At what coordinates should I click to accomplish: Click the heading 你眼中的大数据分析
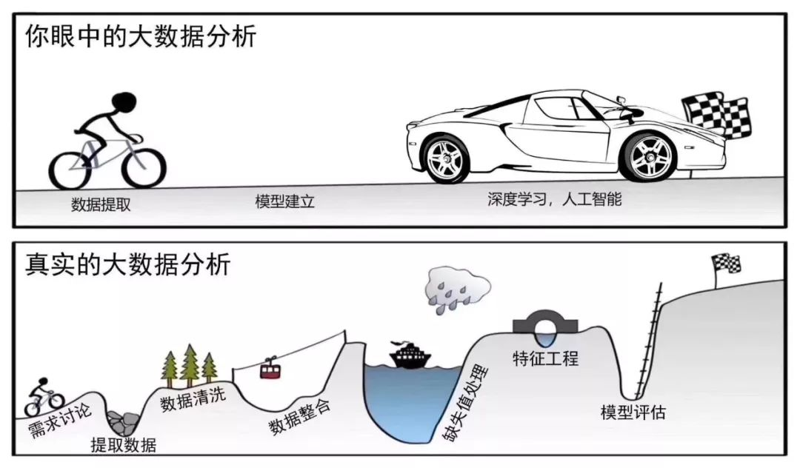pyautogui.click(x=141, y=37)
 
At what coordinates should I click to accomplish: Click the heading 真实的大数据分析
pyautogui.click(x=128, y=264)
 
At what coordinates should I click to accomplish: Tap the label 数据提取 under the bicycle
pyautogui.click(x=101, y=205)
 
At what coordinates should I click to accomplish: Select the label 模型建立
pyautogui.click(x=284, y=201)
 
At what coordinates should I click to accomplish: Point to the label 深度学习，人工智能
pyautogui.click(x=555, y=198)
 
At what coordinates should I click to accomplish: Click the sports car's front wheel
pyautogui.click(x=446, y=158)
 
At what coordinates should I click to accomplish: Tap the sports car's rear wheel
pyautogui.click(x=648, y=156)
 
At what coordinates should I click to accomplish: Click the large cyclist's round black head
pyautogui.click(x=124, y=103)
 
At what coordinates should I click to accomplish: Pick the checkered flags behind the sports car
pyautogui.click(x=716, y=116)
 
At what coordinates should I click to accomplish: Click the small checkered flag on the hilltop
pyautogui.click(x=726, y=264)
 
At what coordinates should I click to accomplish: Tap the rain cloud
pyautogui.click(x=456, y=290)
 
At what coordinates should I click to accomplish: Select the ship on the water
pyautogui.click(x=410, y=354)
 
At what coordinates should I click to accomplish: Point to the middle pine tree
pyautogui.click(x=190, y=364)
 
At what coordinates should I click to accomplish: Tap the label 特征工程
pyautogui.click(x=545, y=359)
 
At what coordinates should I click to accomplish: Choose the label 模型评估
pyautogui.click(x=633, y=412)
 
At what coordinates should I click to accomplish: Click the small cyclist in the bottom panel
pyautogui.click(x=44, y=397)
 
